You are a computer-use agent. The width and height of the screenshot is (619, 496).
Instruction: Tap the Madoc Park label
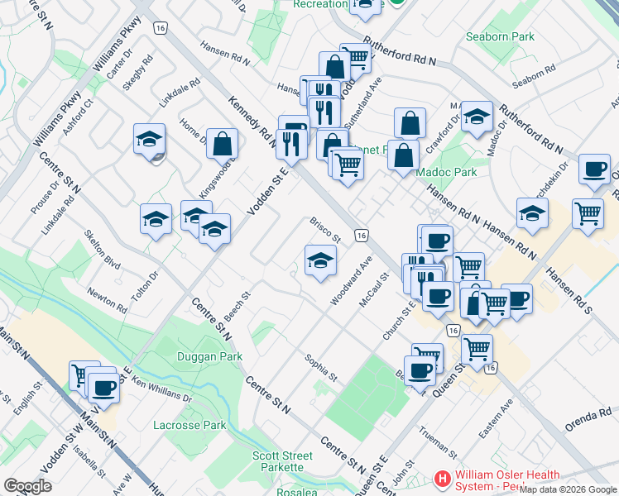453,172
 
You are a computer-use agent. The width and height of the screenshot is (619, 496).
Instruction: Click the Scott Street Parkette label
282,461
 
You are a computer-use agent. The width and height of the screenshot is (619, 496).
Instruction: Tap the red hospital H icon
443,479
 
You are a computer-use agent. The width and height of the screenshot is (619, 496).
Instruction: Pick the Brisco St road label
325,231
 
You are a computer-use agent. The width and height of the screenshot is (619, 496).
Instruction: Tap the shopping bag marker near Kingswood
223,144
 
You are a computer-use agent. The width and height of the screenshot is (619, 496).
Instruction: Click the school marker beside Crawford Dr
477,117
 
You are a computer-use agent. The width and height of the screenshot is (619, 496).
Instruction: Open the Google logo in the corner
27,485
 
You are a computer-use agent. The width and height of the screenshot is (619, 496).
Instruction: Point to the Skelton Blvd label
103,250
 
